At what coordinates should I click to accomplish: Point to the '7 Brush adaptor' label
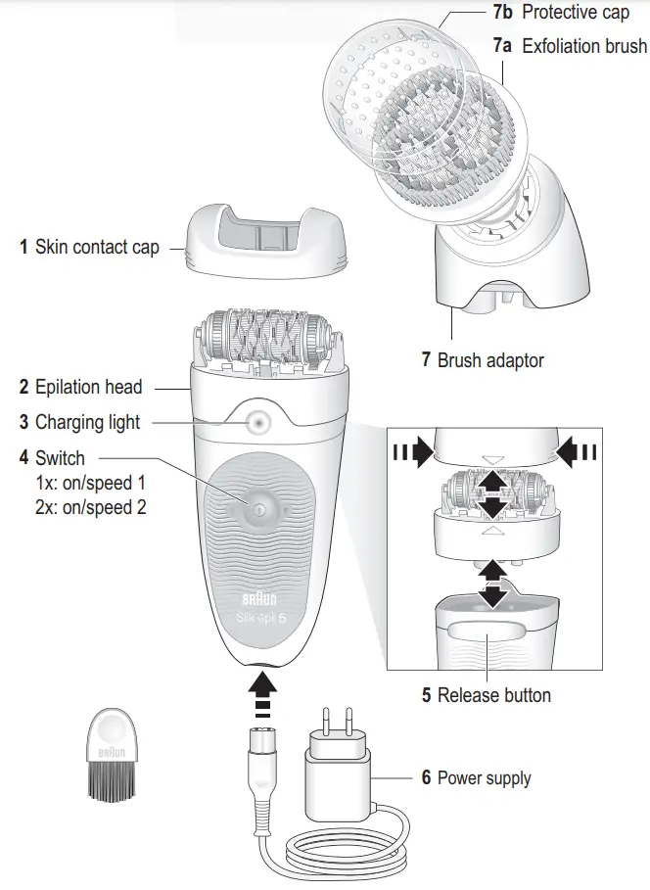[483, 360]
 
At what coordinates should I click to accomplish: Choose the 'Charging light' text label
[87, 423]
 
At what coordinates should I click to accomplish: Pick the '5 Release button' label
[487, 695]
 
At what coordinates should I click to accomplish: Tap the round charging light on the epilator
[258, 423]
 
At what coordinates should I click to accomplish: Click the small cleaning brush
[110, 753]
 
